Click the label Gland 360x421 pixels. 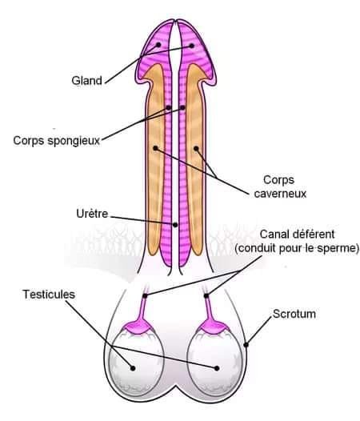click(x=86, y=80)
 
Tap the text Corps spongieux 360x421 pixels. click(x=56, y=140)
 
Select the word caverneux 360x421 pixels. click(x=280, y=194)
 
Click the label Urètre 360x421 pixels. click(x=92, y=214)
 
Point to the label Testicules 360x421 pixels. click(x=49, y=295)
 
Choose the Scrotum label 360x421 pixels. click(x=294, y=314)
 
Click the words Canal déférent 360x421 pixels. click(x=297, y=235)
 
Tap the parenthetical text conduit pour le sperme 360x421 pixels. click(x=297, y=248)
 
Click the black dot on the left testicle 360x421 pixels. click(x=133, y=368)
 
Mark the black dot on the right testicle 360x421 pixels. click(x=217, y=368)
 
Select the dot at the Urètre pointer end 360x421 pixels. click(x=175, y=225)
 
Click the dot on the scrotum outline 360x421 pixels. click(x=246, y=344)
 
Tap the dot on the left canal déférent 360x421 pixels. click(x=145, y=296)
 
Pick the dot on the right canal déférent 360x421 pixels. click(x=206, y=296)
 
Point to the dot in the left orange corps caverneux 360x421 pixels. click(x=155, y=148)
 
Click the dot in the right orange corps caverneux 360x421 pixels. click(x=196, y=149)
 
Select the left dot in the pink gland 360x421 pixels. click(x=158, y=45)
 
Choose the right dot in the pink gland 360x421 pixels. click(x=192, y=46)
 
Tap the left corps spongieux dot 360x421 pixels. click(x=168, y=108)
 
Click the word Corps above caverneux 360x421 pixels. click(x=278, y=180)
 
